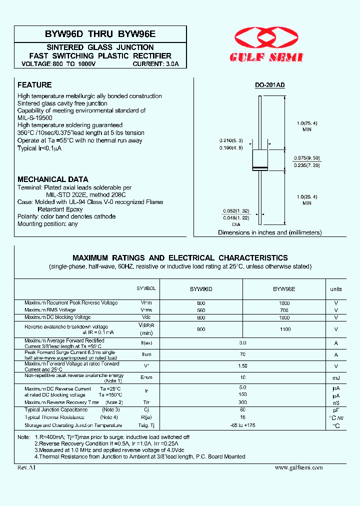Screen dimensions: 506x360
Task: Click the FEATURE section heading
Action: (34, 85)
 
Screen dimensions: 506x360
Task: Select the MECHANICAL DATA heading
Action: (53, 179)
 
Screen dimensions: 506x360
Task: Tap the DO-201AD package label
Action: (270, 85)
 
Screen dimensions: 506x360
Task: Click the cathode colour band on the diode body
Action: (260, 167)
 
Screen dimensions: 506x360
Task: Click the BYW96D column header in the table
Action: (201, 289)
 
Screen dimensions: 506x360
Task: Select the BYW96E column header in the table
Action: (283, 289)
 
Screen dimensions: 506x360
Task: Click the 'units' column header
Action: (336, 289)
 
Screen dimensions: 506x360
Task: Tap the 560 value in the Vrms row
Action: (201, 310)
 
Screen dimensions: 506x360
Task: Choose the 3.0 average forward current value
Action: (242, 343)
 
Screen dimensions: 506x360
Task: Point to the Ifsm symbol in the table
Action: (146, 354)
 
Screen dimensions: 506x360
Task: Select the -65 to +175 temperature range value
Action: (242, 425)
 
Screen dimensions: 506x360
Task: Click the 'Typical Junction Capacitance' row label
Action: (56, 410)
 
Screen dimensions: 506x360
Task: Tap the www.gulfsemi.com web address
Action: (298, 467)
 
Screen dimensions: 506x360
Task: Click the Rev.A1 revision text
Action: (26, 467)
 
